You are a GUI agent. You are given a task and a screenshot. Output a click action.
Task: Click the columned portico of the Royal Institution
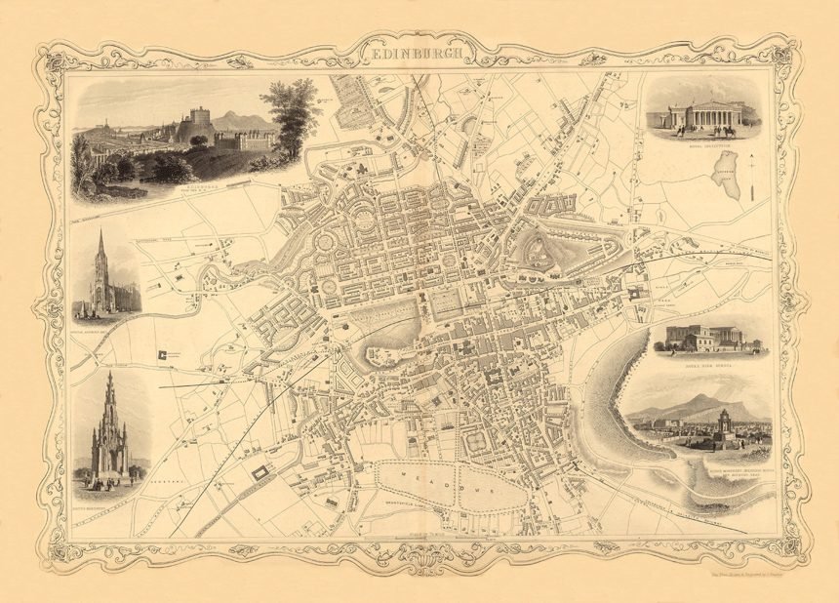click(703, 115)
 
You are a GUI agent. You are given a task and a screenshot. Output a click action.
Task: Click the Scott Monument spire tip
click(110, 375)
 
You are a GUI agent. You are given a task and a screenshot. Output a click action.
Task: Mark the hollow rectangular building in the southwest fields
click(260, 473)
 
